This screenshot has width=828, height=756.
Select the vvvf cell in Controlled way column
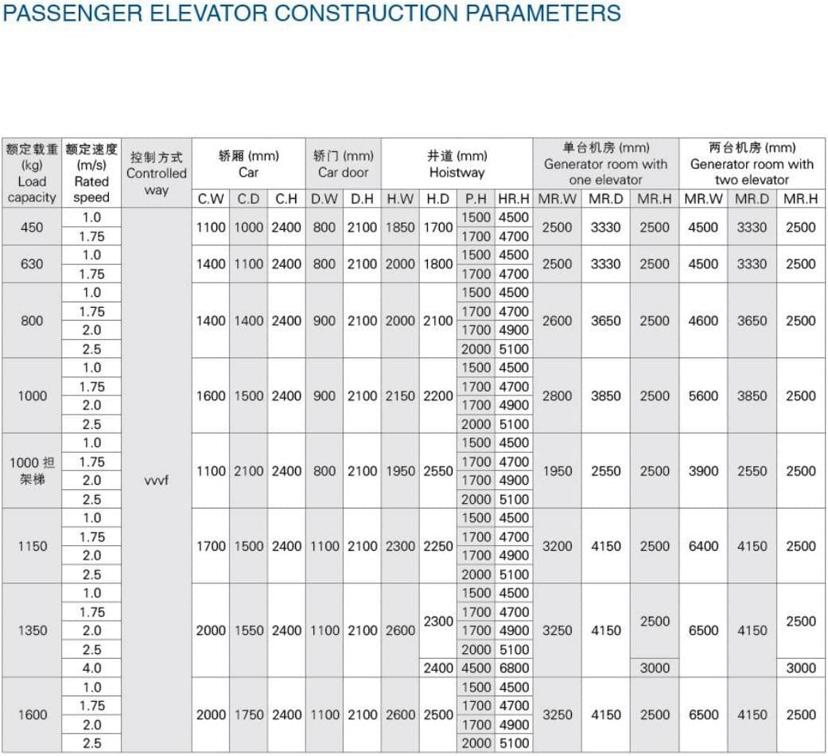(x=157, y=481)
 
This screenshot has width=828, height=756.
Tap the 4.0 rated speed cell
(x=91, y=668)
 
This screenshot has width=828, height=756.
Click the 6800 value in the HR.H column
(x=514, y=668)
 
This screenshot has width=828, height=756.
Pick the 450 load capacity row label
(x=32, y=227)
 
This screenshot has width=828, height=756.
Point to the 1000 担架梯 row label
(x=32, y=471)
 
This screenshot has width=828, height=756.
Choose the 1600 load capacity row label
(x=32, y=715)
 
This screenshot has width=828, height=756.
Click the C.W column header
(x=211, y=199)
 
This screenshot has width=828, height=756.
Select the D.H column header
(x=362, y=199)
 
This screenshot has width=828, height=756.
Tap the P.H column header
(x=476, y=199)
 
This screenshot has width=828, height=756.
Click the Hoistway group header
(x=457, y=164)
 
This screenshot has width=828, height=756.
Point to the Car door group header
(x=343, y=164)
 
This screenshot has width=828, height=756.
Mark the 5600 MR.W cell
(x=703, y=396)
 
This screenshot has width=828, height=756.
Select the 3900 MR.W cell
(x=703, y=471)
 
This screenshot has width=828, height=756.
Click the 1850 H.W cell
(x=400, y=227)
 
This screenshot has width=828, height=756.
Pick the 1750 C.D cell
(x=249, y=715)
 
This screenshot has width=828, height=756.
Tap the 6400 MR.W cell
(x=703, y=546)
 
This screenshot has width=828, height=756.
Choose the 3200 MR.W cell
(x=557, y=546)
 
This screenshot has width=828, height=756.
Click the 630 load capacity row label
(x=32, y=264)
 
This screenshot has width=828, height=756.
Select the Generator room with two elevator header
(x=752, y=164)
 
